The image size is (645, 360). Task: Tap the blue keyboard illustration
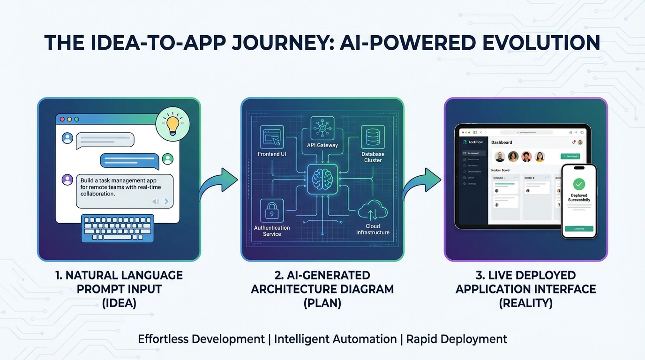tap(118, 228)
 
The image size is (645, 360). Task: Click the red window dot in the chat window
tap(62, 119)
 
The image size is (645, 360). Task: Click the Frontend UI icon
tap(272, 137)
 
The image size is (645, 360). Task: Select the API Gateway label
tap(322, 145)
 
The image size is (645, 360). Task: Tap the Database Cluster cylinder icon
tap(373, 137)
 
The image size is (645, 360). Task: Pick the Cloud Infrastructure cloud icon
tap(373, 210)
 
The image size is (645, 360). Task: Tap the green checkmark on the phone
tap(579, 184)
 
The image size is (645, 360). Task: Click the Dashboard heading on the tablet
tap(502, 142)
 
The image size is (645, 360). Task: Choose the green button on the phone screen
tap(579, 229)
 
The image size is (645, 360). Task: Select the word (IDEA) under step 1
tap(119, 303)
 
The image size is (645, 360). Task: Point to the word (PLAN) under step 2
tap(322, 303)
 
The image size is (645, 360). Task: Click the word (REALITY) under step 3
tap(525, 303)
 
